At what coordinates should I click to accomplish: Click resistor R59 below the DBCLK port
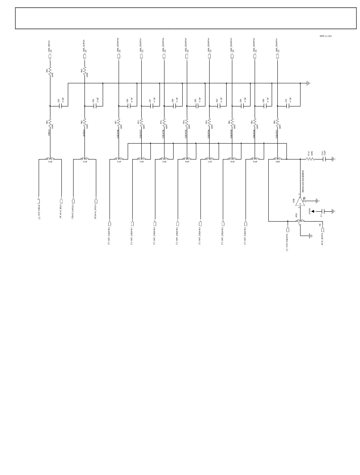click(x=50, y=72)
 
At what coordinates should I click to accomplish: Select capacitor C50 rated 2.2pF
click(x=61, y=106)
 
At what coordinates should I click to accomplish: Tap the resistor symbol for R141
click(x=310, y=159)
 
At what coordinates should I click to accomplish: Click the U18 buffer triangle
click(x=300, y=201)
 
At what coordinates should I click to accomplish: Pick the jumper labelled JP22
click(x=300, y=221)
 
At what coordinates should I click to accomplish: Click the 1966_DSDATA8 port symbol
click(x=119, y=56)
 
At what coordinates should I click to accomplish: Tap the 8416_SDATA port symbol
click(x=322, y=230)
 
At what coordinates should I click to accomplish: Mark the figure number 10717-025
click(x=326, y=36)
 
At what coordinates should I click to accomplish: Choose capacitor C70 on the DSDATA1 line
click(x=289, y=106)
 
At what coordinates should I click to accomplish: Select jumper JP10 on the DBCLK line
click(x=50, y=159)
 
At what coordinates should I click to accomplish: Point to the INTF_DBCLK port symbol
click(x=39, y=201)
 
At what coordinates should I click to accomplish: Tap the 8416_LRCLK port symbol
click(x=96, y=201)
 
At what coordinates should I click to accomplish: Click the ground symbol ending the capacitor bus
click(x=308, y=83)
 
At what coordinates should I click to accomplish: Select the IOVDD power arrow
click(x=313, y=211)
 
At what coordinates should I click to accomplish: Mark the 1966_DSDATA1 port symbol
click(x=277, y=56)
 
